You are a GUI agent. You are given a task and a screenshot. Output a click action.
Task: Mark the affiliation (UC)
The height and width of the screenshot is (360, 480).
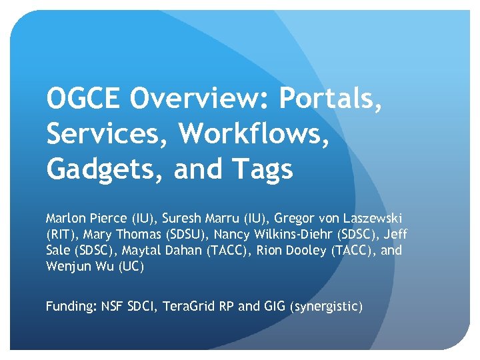point(131,267)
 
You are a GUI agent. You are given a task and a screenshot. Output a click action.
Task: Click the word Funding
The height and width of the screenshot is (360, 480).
point(70,307)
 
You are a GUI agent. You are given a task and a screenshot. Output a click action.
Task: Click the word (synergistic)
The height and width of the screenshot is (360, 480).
point(326,307)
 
